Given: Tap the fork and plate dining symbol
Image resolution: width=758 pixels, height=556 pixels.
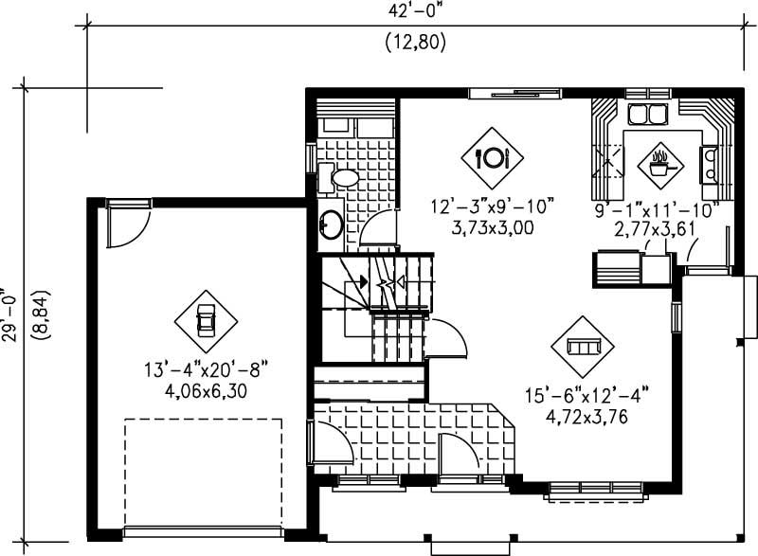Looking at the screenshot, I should (x=492, y=157).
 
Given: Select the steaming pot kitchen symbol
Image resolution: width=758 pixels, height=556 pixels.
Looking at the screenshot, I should (x=659, y=162).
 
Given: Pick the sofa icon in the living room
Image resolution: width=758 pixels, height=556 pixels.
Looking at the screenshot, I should (x=582, y=346).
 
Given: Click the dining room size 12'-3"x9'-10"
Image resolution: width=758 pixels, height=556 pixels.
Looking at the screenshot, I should (x=492, y=206).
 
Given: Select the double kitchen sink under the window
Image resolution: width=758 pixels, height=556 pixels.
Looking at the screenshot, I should (x=647, y=116).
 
